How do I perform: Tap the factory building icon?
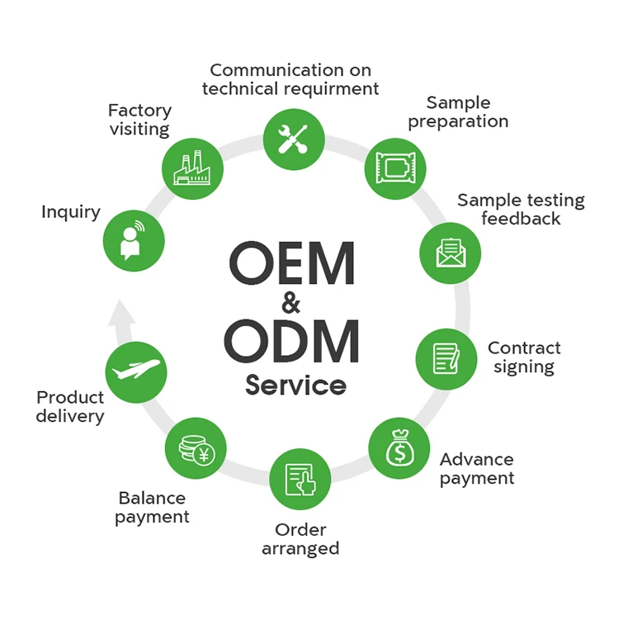coord(192,168)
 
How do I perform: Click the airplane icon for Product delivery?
coord(136,371)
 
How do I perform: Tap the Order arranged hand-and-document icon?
coord(300,480)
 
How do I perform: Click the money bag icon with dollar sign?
coord(399,448)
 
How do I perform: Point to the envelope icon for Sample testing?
coord(451,253)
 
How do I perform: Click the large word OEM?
coord(292,262)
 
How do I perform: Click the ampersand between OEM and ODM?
coord(291,303)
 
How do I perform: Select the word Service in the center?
coord(295,385)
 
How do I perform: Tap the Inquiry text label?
coord(71,212)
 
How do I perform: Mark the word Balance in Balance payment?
coord(152,499)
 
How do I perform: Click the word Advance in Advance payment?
coord(476,460)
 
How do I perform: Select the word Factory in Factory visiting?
coord(139,111)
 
